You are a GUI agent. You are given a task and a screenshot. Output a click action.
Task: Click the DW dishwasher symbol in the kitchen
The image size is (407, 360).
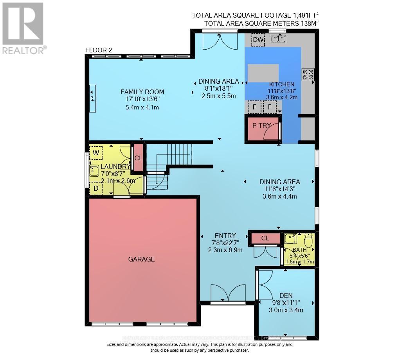[258, 40]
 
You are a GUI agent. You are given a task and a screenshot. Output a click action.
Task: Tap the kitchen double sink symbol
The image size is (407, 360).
[278, 39]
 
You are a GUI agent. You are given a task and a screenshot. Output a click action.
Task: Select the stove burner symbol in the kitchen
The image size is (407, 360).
[308, 75]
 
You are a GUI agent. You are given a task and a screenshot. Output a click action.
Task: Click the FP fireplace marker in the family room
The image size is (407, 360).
[93, 98]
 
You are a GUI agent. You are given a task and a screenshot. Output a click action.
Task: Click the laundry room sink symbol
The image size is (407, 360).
[94, 170]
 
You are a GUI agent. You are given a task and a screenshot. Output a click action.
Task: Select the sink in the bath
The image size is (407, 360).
[290, 238]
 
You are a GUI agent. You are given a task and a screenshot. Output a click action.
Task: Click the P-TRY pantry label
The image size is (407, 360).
[262, 125]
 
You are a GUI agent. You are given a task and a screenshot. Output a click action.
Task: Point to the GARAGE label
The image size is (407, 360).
[141, 259]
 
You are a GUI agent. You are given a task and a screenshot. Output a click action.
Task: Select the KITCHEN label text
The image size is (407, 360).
[281, 84]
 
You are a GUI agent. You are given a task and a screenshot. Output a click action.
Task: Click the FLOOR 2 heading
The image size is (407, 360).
[99, 50]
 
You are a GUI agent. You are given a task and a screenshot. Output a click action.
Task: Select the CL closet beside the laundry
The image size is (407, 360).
[138, 158]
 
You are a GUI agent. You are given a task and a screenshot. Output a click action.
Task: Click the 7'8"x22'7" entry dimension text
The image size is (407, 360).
[225, 242]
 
